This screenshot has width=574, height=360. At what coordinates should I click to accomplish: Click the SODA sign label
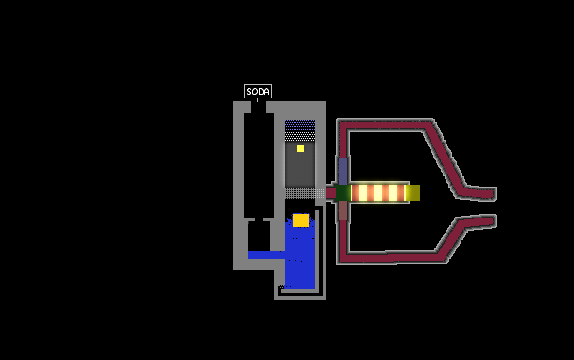tap(258, 91)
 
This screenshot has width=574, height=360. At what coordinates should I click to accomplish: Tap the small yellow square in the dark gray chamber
tap(300, 148)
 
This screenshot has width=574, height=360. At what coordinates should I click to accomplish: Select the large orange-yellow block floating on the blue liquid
tap(300, 220)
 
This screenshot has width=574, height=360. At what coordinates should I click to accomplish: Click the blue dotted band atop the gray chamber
tap(300, 126)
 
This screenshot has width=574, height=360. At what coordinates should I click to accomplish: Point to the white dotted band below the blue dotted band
tap(300, 136)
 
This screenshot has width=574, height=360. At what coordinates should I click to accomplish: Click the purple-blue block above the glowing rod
tap(342, 172)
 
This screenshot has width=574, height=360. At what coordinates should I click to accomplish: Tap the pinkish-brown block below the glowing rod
tap(342, 211)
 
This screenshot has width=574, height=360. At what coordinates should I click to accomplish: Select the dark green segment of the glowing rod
tap(343, 193)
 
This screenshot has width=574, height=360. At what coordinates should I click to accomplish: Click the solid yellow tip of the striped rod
tap(414, 193)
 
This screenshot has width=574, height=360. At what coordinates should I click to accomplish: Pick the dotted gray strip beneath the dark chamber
tap(306, 193)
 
